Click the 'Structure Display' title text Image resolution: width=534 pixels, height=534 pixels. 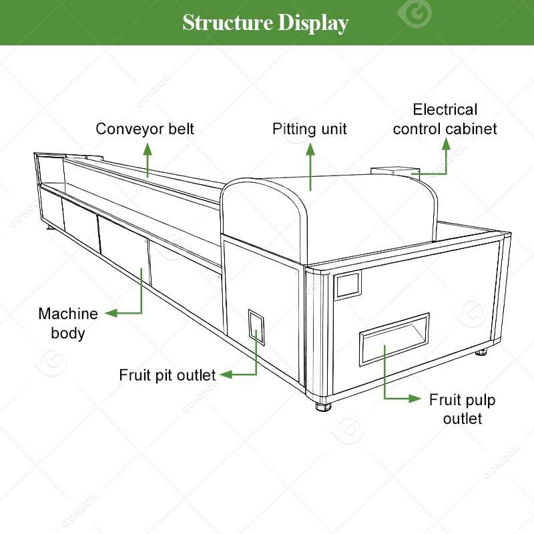click(266, 23)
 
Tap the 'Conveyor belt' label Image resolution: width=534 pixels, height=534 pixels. click(145, 129)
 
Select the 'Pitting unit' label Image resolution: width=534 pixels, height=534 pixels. click(310, 129)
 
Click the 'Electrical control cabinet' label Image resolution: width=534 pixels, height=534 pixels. click(445, 119)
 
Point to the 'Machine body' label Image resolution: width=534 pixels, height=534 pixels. click(68, 323)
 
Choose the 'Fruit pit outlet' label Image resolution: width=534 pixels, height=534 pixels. click(168, 375)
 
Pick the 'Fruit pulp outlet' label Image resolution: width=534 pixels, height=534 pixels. click(462, 409)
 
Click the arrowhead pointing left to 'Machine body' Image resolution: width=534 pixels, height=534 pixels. click(111, 312)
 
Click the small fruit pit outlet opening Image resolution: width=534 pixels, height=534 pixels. click(256, 327)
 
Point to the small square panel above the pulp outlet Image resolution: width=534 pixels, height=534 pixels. click(347, 286)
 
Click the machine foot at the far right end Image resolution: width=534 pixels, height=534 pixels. click(482, 351)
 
